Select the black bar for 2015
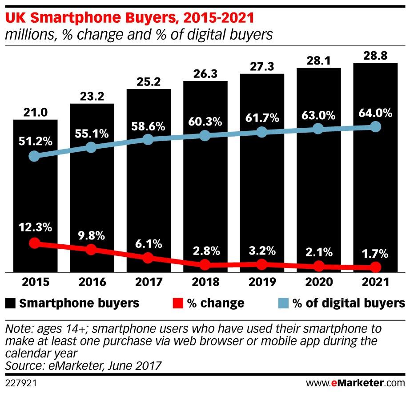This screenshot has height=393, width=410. pyautogui.click(x=35, y=200)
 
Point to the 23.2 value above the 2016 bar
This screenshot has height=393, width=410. pyautogui.click(x=92, y=96)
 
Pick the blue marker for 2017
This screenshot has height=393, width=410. pyautogui.click(x=148, y=139)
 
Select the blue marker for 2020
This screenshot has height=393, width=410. pyautogui.click(x=318, y=129)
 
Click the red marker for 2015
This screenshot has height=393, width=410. pyautogui.click(x=34, y=243)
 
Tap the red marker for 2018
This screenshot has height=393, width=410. pyautogui.click(x=205, y=265)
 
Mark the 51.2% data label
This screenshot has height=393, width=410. pyautogui.click(x=35, y=142)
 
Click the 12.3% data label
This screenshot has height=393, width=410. pyautogui.click(x=35, y=227)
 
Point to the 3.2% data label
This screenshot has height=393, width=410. pyautogui.click(x=262, y=249)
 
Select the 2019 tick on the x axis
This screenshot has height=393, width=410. pyautogui.click(x=261, y=282)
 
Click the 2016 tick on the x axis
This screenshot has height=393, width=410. pyautogui.click(x=92, y=282)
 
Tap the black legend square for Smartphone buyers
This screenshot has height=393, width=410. pyautogui.click(x=11, y=304)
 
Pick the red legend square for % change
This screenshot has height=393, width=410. pyautogui.click(x=177, y=304)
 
